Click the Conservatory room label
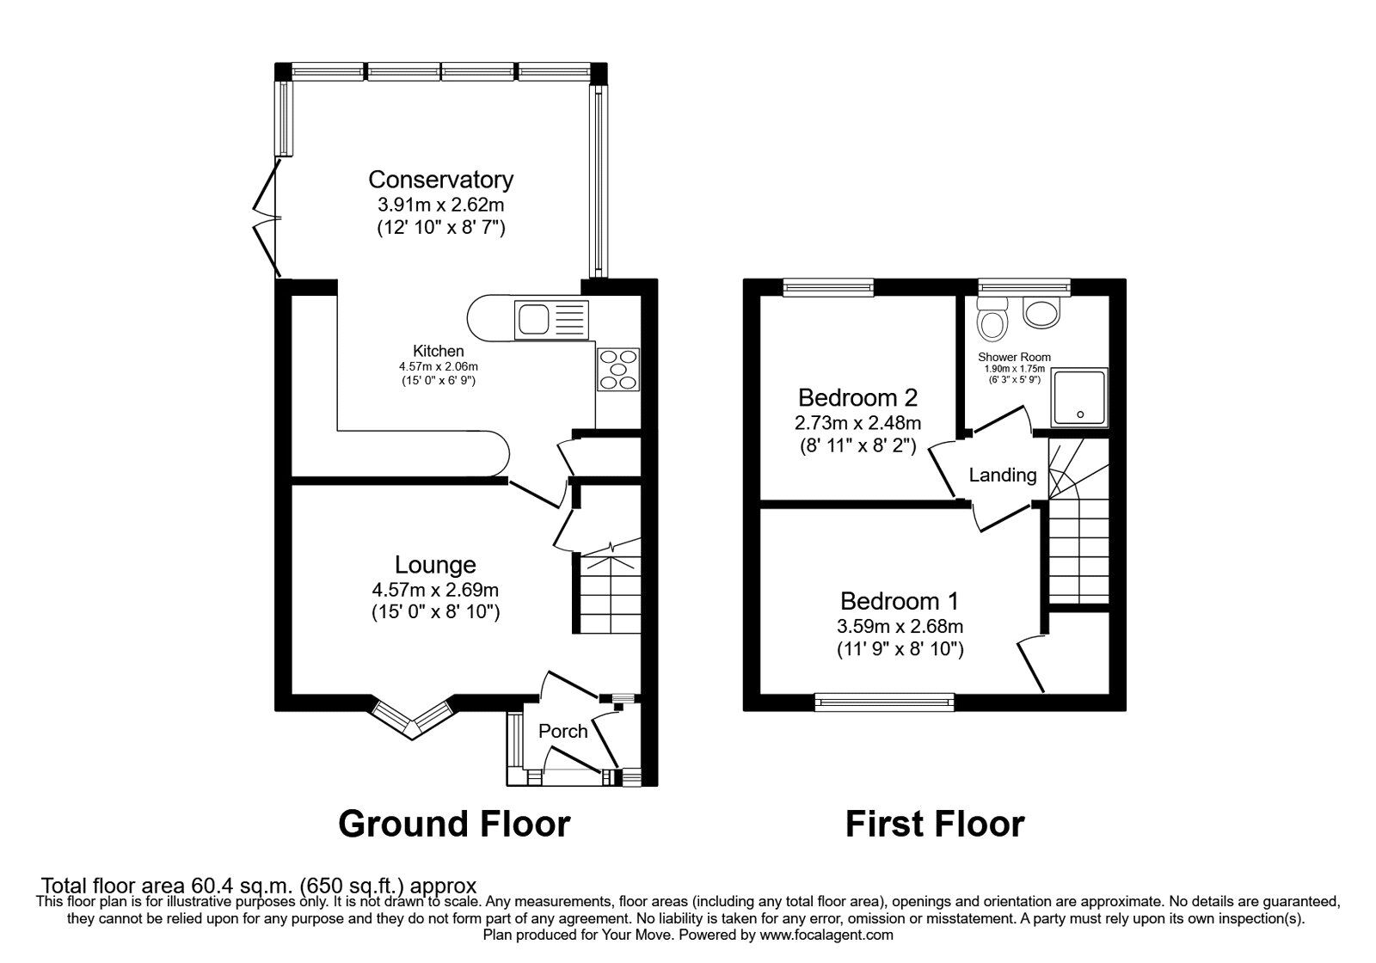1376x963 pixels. tap(440, 180)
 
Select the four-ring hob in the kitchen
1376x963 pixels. tap(618, 369)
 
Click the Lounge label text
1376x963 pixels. tap(435, 565)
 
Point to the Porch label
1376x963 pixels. tap(562, 731)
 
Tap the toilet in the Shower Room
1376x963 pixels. tap(993, 319)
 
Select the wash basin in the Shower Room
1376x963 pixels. tap(1043, 314)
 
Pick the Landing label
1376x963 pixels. tap(1003, 475)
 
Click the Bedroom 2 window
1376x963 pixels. tap(827, 287)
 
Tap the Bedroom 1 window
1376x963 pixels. tap(885, 702)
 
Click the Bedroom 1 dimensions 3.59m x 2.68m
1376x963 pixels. tap(900, 626)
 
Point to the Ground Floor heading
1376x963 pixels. tap(453, 824)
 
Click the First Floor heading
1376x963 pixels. tap(934, 824)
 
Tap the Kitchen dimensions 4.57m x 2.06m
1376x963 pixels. tap(439, 366)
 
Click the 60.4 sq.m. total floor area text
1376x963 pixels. tap(259, 885)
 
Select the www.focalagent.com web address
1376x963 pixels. tap(826, 935)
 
